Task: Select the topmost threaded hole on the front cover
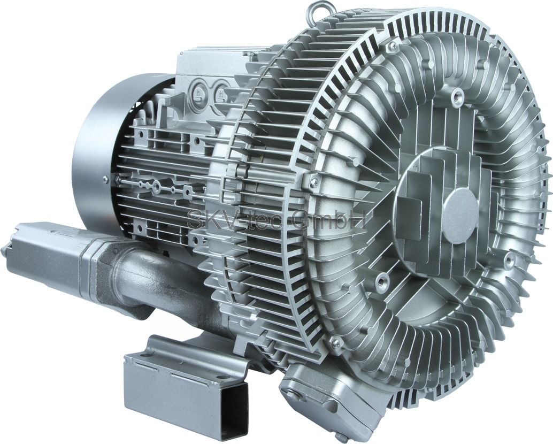click(457, 96)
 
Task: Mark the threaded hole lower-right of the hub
click(509, 261)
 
